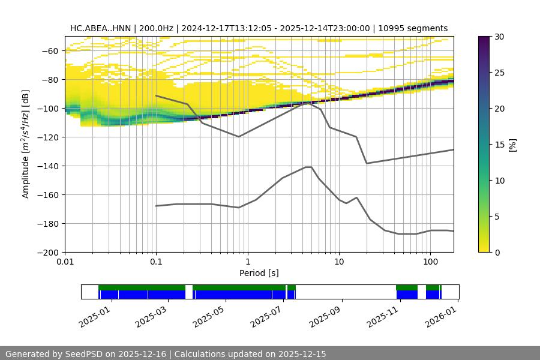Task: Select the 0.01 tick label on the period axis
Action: tap(65, 263)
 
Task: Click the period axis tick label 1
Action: tap(247, 263)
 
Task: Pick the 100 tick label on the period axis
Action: tap(430, 263)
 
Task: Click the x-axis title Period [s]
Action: tap(259, 274)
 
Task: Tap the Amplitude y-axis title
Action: tap(25, 144)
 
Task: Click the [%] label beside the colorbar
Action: tap(512, 145)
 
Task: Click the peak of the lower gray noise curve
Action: tap(308, 167)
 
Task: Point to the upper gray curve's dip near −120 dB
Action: tap(239, 137)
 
